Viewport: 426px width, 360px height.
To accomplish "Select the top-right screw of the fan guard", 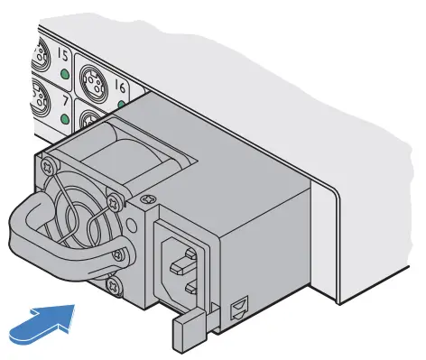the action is tap(113, 192).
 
